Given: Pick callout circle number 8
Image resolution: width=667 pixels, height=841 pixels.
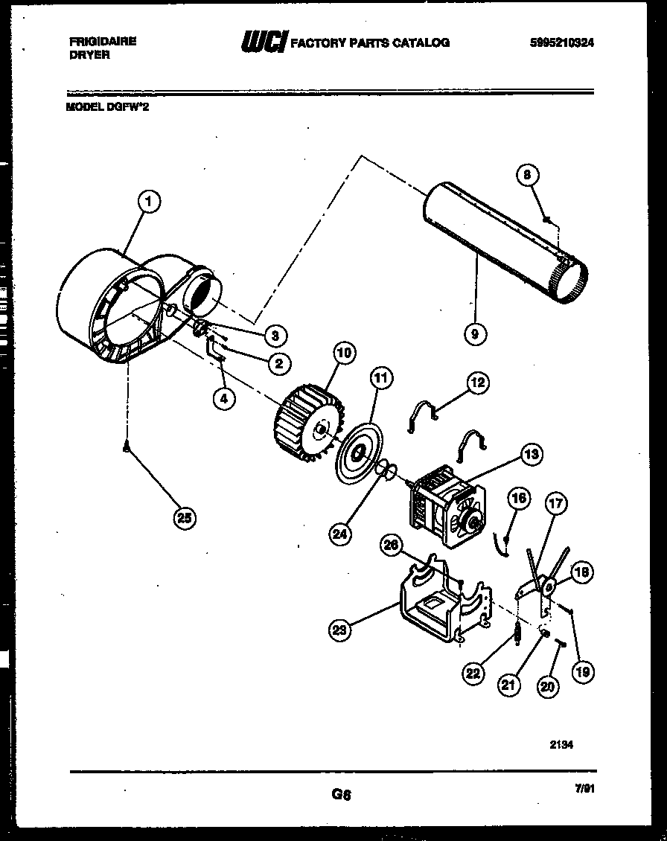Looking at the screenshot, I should [x=527, y=176].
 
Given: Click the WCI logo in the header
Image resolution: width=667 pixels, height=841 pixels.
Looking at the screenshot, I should [x=262, y=42].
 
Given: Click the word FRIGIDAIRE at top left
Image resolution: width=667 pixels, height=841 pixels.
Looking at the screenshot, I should [x=101, y=42].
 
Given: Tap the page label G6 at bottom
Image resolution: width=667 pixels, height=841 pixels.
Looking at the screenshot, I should [x=341, y=794].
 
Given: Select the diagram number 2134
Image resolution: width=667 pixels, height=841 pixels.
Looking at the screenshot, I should [x=563, y=743].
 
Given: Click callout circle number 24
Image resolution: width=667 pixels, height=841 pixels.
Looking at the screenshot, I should [x=341, y=533].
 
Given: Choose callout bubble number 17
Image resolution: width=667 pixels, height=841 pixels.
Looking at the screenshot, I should [x=555, y=503].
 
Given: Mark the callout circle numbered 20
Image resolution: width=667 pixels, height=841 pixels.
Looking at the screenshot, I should [x=548, y=688].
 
